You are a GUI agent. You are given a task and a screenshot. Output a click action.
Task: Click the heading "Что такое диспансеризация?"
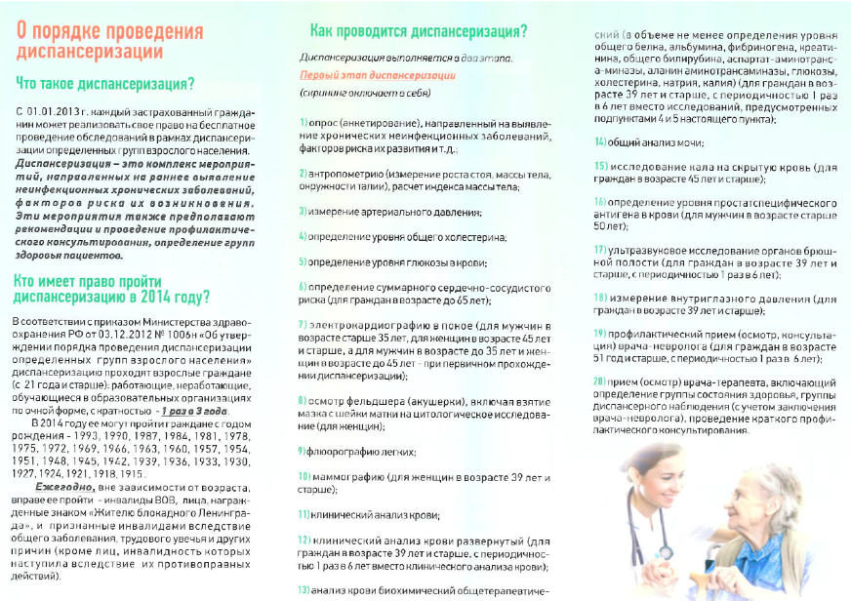[104, 83]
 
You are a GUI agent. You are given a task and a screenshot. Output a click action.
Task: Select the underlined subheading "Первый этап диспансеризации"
[364, 74]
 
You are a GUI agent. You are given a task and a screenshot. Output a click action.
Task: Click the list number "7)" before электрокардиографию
[304, 324]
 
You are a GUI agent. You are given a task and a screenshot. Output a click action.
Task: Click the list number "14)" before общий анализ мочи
[601, 142]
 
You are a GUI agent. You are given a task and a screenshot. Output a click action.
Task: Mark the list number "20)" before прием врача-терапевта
[601, 380]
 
